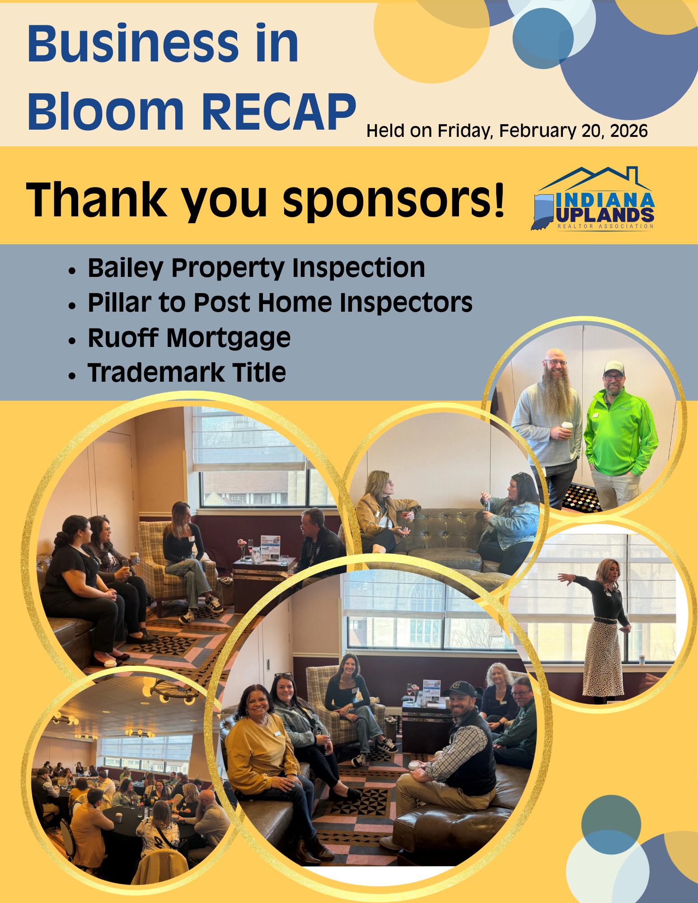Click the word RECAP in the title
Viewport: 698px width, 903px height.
pyautogui.click(x=279, y=112)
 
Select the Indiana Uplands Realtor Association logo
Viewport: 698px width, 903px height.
pyautogui.click(x=593, y=198)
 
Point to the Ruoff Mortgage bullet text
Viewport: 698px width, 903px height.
pyautogui.click(x=189, y=338)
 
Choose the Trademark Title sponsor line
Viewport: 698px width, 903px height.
pyautogui.click(x=187, y=373)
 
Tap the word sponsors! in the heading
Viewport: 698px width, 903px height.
pyautogui.click(x=394, y=200)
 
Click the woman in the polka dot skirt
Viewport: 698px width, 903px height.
pyautogui.click(x=600, y=628)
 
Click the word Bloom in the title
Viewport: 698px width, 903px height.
pyautogui.click(x=106, y=112)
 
